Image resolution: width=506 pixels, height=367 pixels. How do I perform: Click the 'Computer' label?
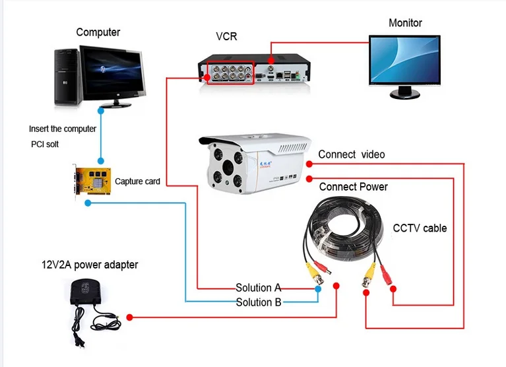(98, 32)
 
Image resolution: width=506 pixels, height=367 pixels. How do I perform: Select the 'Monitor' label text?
(405, 22)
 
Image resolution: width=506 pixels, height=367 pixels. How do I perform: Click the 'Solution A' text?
(259, 288)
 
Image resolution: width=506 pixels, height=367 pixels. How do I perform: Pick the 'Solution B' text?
(259, 302)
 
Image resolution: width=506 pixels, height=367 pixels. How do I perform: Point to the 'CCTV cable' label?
(420, 228)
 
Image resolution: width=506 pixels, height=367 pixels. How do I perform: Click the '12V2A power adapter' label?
(90, 265)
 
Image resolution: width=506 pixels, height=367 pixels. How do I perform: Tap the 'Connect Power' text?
(354, 187)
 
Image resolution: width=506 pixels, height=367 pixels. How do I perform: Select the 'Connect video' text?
(352, 154)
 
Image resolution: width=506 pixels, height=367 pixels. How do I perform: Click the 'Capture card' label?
(137, 182)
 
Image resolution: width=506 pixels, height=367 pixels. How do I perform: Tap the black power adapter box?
(88, 294)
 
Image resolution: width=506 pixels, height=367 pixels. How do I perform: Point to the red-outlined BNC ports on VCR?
(230, 72)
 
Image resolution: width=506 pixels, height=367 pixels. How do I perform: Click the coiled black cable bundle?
(343, 228)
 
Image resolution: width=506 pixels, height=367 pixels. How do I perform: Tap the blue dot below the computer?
(100, 160)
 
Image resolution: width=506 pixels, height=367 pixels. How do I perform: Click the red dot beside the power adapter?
(129, 317)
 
